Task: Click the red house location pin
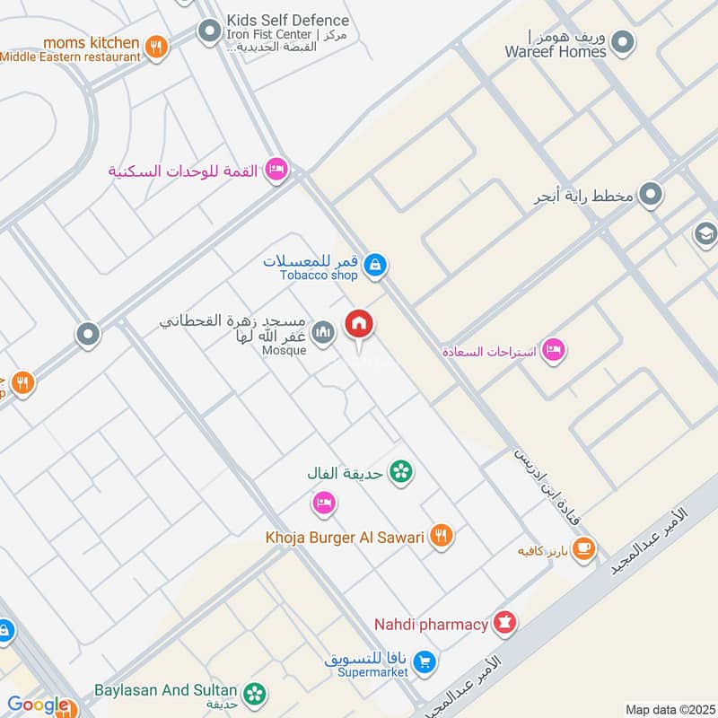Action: [x=359, y=324]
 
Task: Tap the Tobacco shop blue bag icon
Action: [x=376, y=265]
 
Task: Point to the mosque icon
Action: [x=324, y=332]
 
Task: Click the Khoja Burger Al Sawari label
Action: [x=345, y=537]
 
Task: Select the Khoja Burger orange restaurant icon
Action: [x=440, y=536]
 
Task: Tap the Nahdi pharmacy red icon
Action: [x=505, y=623]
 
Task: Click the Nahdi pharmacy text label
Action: [x=431, y=624]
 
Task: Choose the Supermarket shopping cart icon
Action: [x=426, y=664]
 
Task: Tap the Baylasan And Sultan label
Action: [x=166, y=690]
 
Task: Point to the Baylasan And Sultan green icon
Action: [x=255, y=693]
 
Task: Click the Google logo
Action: [x=38, y=705]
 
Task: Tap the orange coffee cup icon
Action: [x=583, y=547]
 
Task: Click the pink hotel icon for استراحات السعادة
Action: [x=554, y=350]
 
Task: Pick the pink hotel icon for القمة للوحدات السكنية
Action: [x=277, y=170]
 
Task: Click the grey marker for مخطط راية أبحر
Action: [x=651, y=194]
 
